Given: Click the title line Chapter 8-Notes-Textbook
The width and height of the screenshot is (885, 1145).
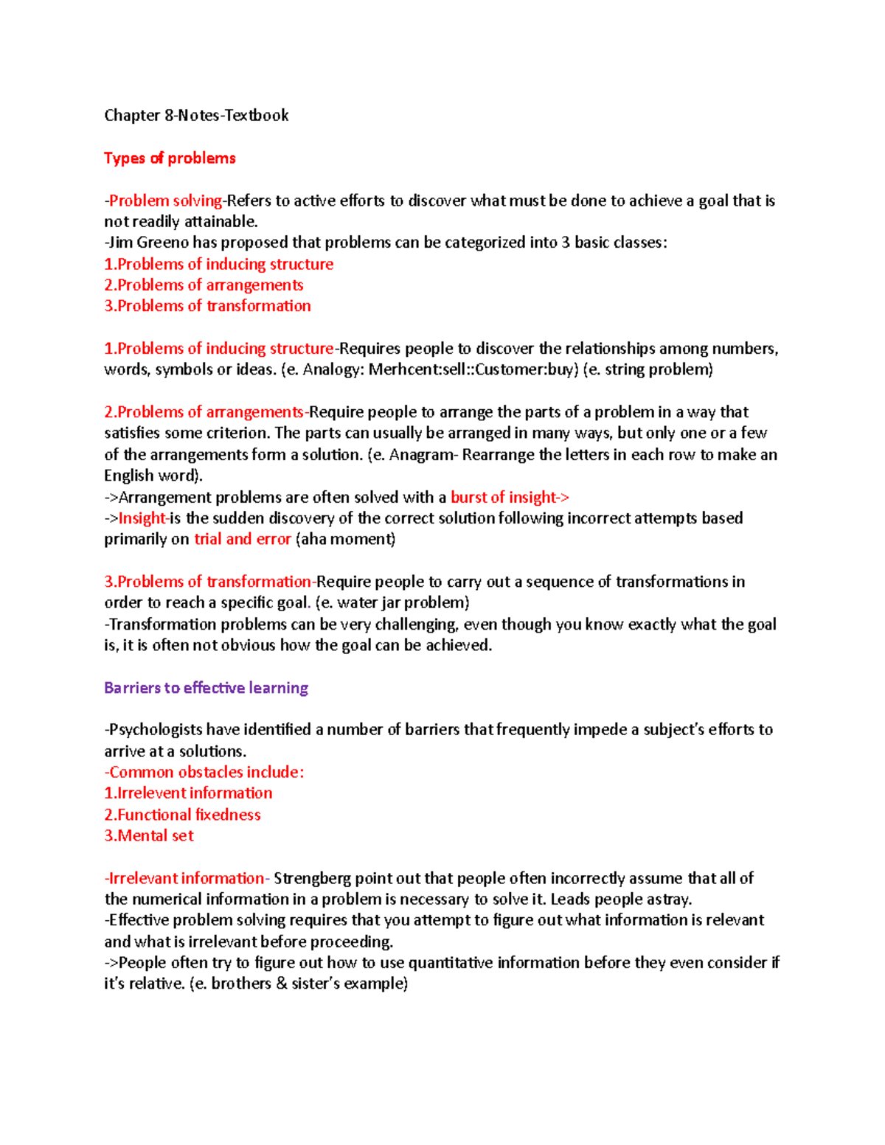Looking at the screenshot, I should point(196,115).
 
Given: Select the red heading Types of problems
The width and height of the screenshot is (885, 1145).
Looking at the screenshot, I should point(170,158).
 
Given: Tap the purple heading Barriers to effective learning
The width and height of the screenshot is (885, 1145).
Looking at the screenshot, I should point(206,688).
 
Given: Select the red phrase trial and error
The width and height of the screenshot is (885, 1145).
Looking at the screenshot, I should point(242,539).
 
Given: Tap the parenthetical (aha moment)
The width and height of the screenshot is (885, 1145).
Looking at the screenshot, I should point(345,539).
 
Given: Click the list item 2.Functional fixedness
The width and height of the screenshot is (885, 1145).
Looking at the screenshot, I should point(182,815).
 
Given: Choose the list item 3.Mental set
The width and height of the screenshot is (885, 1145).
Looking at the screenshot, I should point(148,835).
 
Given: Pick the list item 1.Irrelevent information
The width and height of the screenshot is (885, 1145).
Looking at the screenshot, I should point(188,793).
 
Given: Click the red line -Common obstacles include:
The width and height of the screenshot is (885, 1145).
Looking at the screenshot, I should point(204,772).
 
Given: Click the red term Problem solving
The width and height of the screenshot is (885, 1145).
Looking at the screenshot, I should point(165,201).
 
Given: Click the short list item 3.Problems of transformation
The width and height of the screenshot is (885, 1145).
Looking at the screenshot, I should point(207,306).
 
